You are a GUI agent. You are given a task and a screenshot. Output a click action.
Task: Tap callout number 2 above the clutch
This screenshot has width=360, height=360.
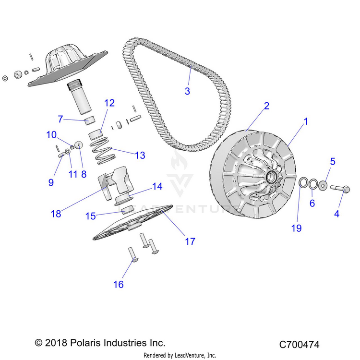click(x=266, y=106)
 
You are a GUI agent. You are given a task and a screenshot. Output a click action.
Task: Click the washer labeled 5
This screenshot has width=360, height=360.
click(x=324, y=185)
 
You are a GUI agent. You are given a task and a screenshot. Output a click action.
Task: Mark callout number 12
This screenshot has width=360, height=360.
click(x=109, y=103)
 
